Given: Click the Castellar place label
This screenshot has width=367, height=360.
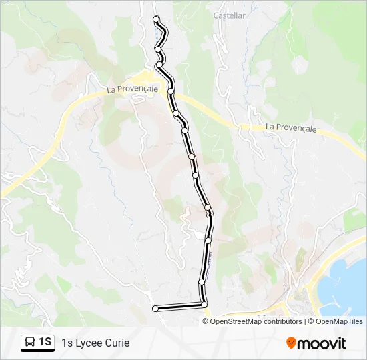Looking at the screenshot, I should click(229, 15).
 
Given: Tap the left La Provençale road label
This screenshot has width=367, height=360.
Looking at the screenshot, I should click(133, 89).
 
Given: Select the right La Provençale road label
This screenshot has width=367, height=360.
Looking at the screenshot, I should click(290, 127).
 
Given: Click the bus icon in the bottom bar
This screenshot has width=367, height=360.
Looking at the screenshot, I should click(31, 343).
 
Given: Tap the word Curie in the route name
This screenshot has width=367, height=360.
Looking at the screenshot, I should click(117, 343).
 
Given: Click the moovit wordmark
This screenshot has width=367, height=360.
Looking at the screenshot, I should click(322, 343).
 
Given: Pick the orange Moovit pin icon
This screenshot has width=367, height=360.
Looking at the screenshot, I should click(291, 343).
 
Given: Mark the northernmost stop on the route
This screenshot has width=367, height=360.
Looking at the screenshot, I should click(156, 19).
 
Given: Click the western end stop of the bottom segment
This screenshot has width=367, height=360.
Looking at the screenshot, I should click(155, 308).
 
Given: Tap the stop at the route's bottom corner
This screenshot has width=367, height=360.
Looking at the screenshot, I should click(204, 305).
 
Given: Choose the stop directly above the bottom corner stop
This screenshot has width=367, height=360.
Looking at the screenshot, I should click(202, 282).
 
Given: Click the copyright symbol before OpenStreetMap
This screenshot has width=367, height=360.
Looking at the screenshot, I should click(206, 321).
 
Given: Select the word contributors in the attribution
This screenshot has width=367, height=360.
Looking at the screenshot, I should click(283, 321).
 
